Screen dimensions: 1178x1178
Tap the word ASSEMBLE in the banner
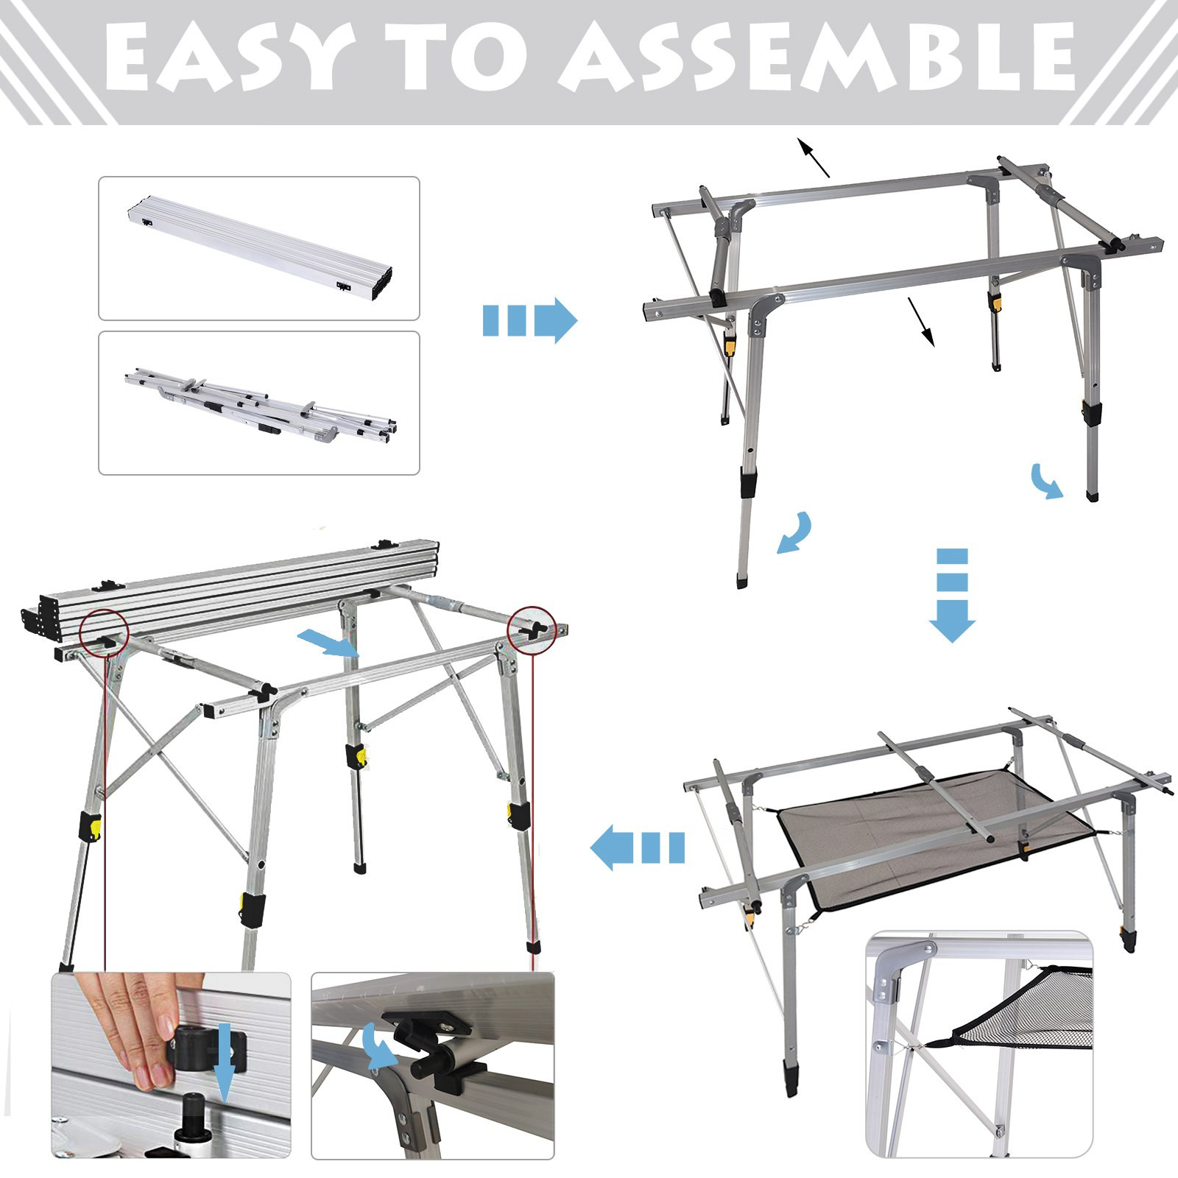(817, 56)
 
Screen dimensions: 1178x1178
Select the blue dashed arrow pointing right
(529, 321)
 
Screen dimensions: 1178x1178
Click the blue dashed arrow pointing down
(951, 595)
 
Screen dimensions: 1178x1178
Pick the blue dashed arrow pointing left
(638, 847)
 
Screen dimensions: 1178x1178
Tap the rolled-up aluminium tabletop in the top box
(258, 248)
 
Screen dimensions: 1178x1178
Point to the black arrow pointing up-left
(814, 157)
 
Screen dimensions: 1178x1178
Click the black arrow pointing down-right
(921, 322)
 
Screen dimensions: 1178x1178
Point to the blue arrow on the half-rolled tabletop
(328, 643)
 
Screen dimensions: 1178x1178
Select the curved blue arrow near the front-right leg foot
(1048, 481)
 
